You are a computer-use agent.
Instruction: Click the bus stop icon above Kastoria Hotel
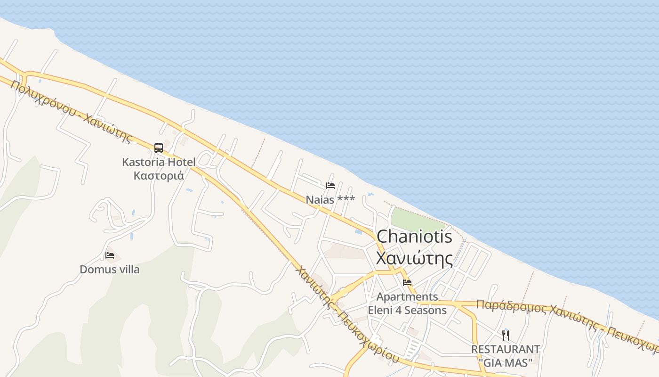point(159,148)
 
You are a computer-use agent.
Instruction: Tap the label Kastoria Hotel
point(159,162)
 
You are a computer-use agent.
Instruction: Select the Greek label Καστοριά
point(159,175)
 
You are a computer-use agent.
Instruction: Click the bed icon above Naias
point(330,185)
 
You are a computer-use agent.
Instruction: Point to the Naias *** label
point(330,200)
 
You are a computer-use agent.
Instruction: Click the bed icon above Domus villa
point(110,255)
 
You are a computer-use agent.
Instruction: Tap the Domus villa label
point(110,270)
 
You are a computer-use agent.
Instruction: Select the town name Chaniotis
point(414,237)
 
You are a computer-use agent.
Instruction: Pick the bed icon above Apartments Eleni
point(407,283)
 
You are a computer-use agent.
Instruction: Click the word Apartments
point(407,297)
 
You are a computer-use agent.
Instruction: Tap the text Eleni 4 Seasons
point(407,310)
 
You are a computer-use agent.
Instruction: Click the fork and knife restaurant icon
point(506,336)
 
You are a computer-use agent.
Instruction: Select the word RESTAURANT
point(506,350)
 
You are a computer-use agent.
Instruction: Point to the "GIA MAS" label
point(506,362)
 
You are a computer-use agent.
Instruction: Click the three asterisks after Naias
point(346,199)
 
